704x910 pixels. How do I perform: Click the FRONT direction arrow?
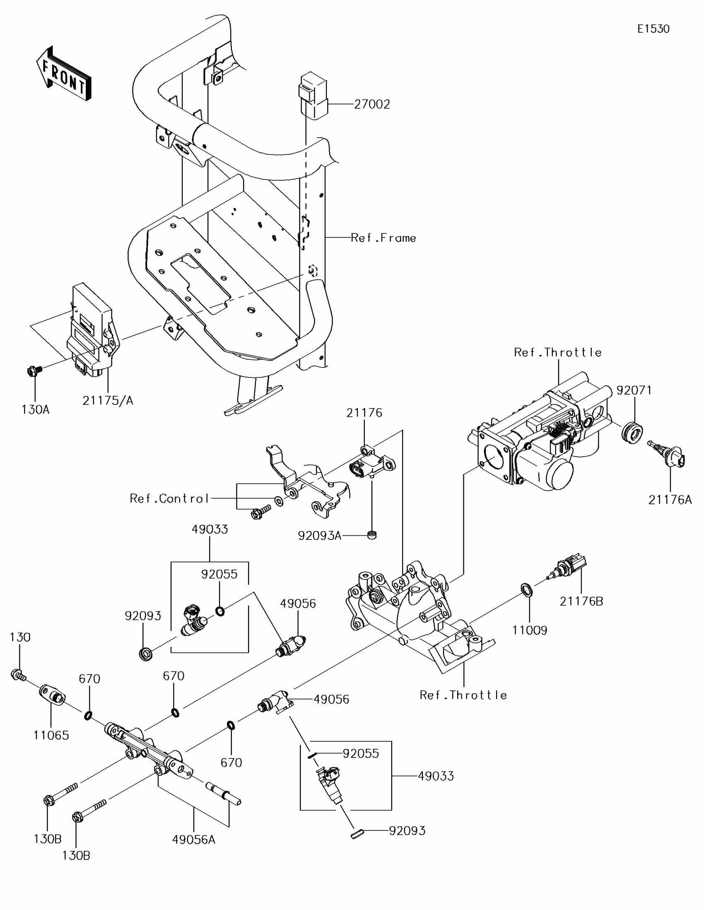(x=64, y=74)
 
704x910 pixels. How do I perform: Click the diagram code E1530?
(x=653, y=29)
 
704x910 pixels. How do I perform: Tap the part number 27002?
(x=372, y=104)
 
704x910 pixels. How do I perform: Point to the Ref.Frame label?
(x=383, y=238)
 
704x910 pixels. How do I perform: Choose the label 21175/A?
(x=108, y=400)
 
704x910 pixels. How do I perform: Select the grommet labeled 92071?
(x=632, y=433)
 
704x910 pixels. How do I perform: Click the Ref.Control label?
(x=169, y=499)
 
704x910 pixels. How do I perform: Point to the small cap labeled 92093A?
(x=372, y=535)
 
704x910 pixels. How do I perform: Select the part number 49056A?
(x=194, y=840)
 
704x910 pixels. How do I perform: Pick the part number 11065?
(x=51, y=736)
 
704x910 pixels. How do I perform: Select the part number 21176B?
(x=581, y=601)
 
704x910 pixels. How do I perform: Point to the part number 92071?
(x=634, y=390)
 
